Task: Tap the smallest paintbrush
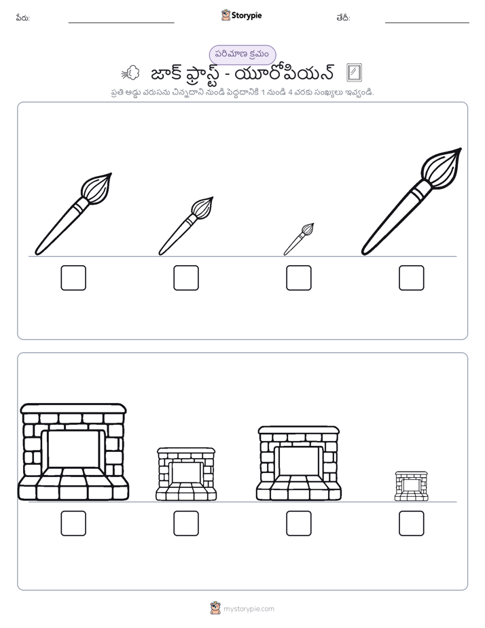[298, 239]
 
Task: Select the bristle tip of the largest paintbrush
[460, 150]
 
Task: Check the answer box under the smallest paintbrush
[298, 277]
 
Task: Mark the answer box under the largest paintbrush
[412, 277]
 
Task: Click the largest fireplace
[73, 452]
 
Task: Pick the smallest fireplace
[412, 486]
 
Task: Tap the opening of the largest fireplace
[73, 449]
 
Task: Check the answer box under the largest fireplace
[73, 523]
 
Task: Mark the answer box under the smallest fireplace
[412, 523]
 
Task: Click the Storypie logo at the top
[241, 15]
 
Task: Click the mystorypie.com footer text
[249, 609]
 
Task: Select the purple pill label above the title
[242, 54]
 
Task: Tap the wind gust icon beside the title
[130, 73]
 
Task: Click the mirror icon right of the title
[354, 73]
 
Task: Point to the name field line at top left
[121, 23]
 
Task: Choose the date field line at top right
[427, 23]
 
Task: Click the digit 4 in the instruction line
[291, 92]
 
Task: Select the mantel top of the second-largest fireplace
[298, 430]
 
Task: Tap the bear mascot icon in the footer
[216, 608]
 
